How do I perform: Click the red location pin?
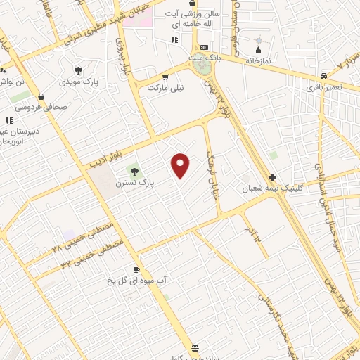tap(181, 165)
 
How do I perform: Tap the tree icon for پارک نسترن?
tap(134, 171)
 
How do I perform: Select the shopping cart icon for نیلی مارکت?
tap(165, 77)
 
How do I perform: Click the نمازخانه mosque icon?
tap(259, 50)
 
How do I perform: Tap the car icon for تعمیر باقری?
tap(323, 76)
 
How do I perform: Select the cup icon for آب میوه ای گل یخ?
tap(136, 269)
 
